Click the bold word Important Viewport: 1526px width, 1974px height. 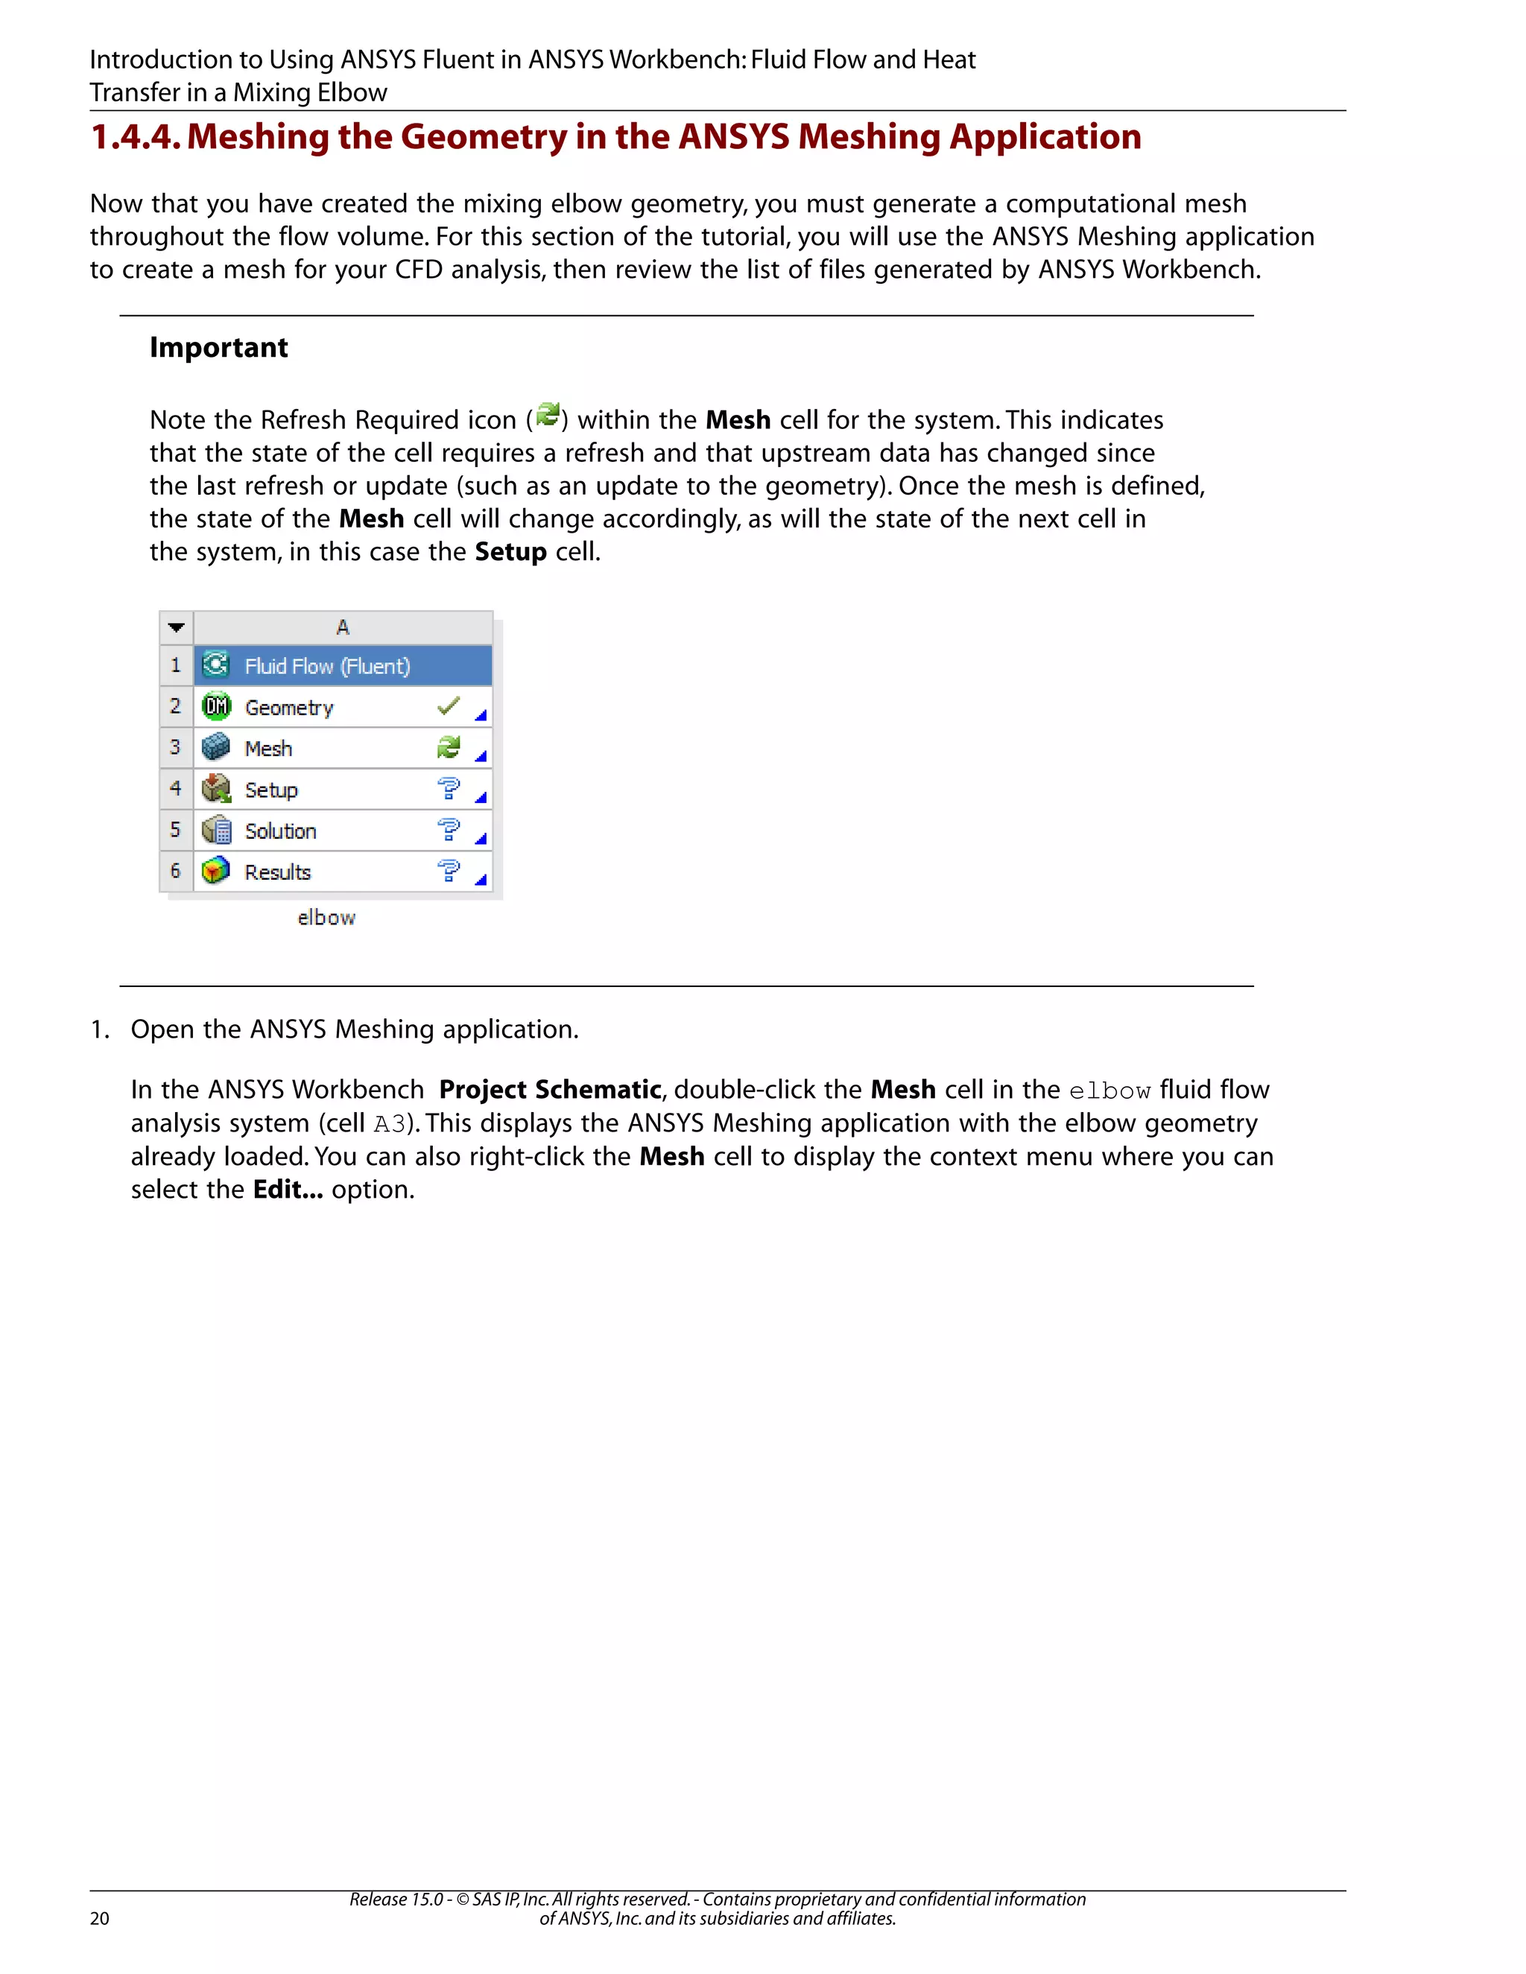coord(219,348)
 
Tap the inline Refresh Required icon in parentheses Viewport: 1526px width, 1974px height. coord(547,416)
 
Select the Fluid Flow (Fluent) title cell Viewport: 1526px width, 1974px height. coord(327,666)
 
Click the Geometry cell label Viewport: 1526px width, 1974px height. coord(289,708)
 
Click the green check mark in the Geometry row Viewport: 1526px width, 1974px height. coord(449,706)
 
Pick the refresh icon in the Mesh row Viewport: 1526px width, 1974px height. coord(449,747)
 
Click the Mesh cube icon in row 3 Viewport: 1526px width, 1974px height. coord(216,747)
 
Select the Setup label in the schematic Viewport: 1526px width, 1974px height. coord(271,790)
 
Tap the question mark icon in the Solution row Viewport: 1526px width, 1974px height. coord(449,830)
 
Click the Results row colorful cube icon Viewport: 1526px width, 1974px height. coord(216,872)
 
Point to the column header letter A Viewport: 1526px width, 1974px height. coord(343,627)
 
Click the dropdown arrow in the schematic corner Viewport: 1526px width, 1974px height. coord(177,627)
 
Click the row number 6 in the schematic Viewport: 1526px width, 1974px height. coord(175,872)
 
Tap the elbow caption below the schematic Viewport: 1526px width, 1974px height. coord(326,918)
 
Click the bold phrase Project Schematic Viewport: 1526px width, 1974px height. coord(550,1090)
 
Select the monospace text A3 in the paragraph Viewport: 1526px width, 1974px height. coord(390,1124)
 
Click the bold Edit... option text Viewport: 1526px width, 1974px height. coord(288,1190)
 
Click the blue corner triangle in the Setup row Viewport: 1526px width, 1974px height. coord(481,797)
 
